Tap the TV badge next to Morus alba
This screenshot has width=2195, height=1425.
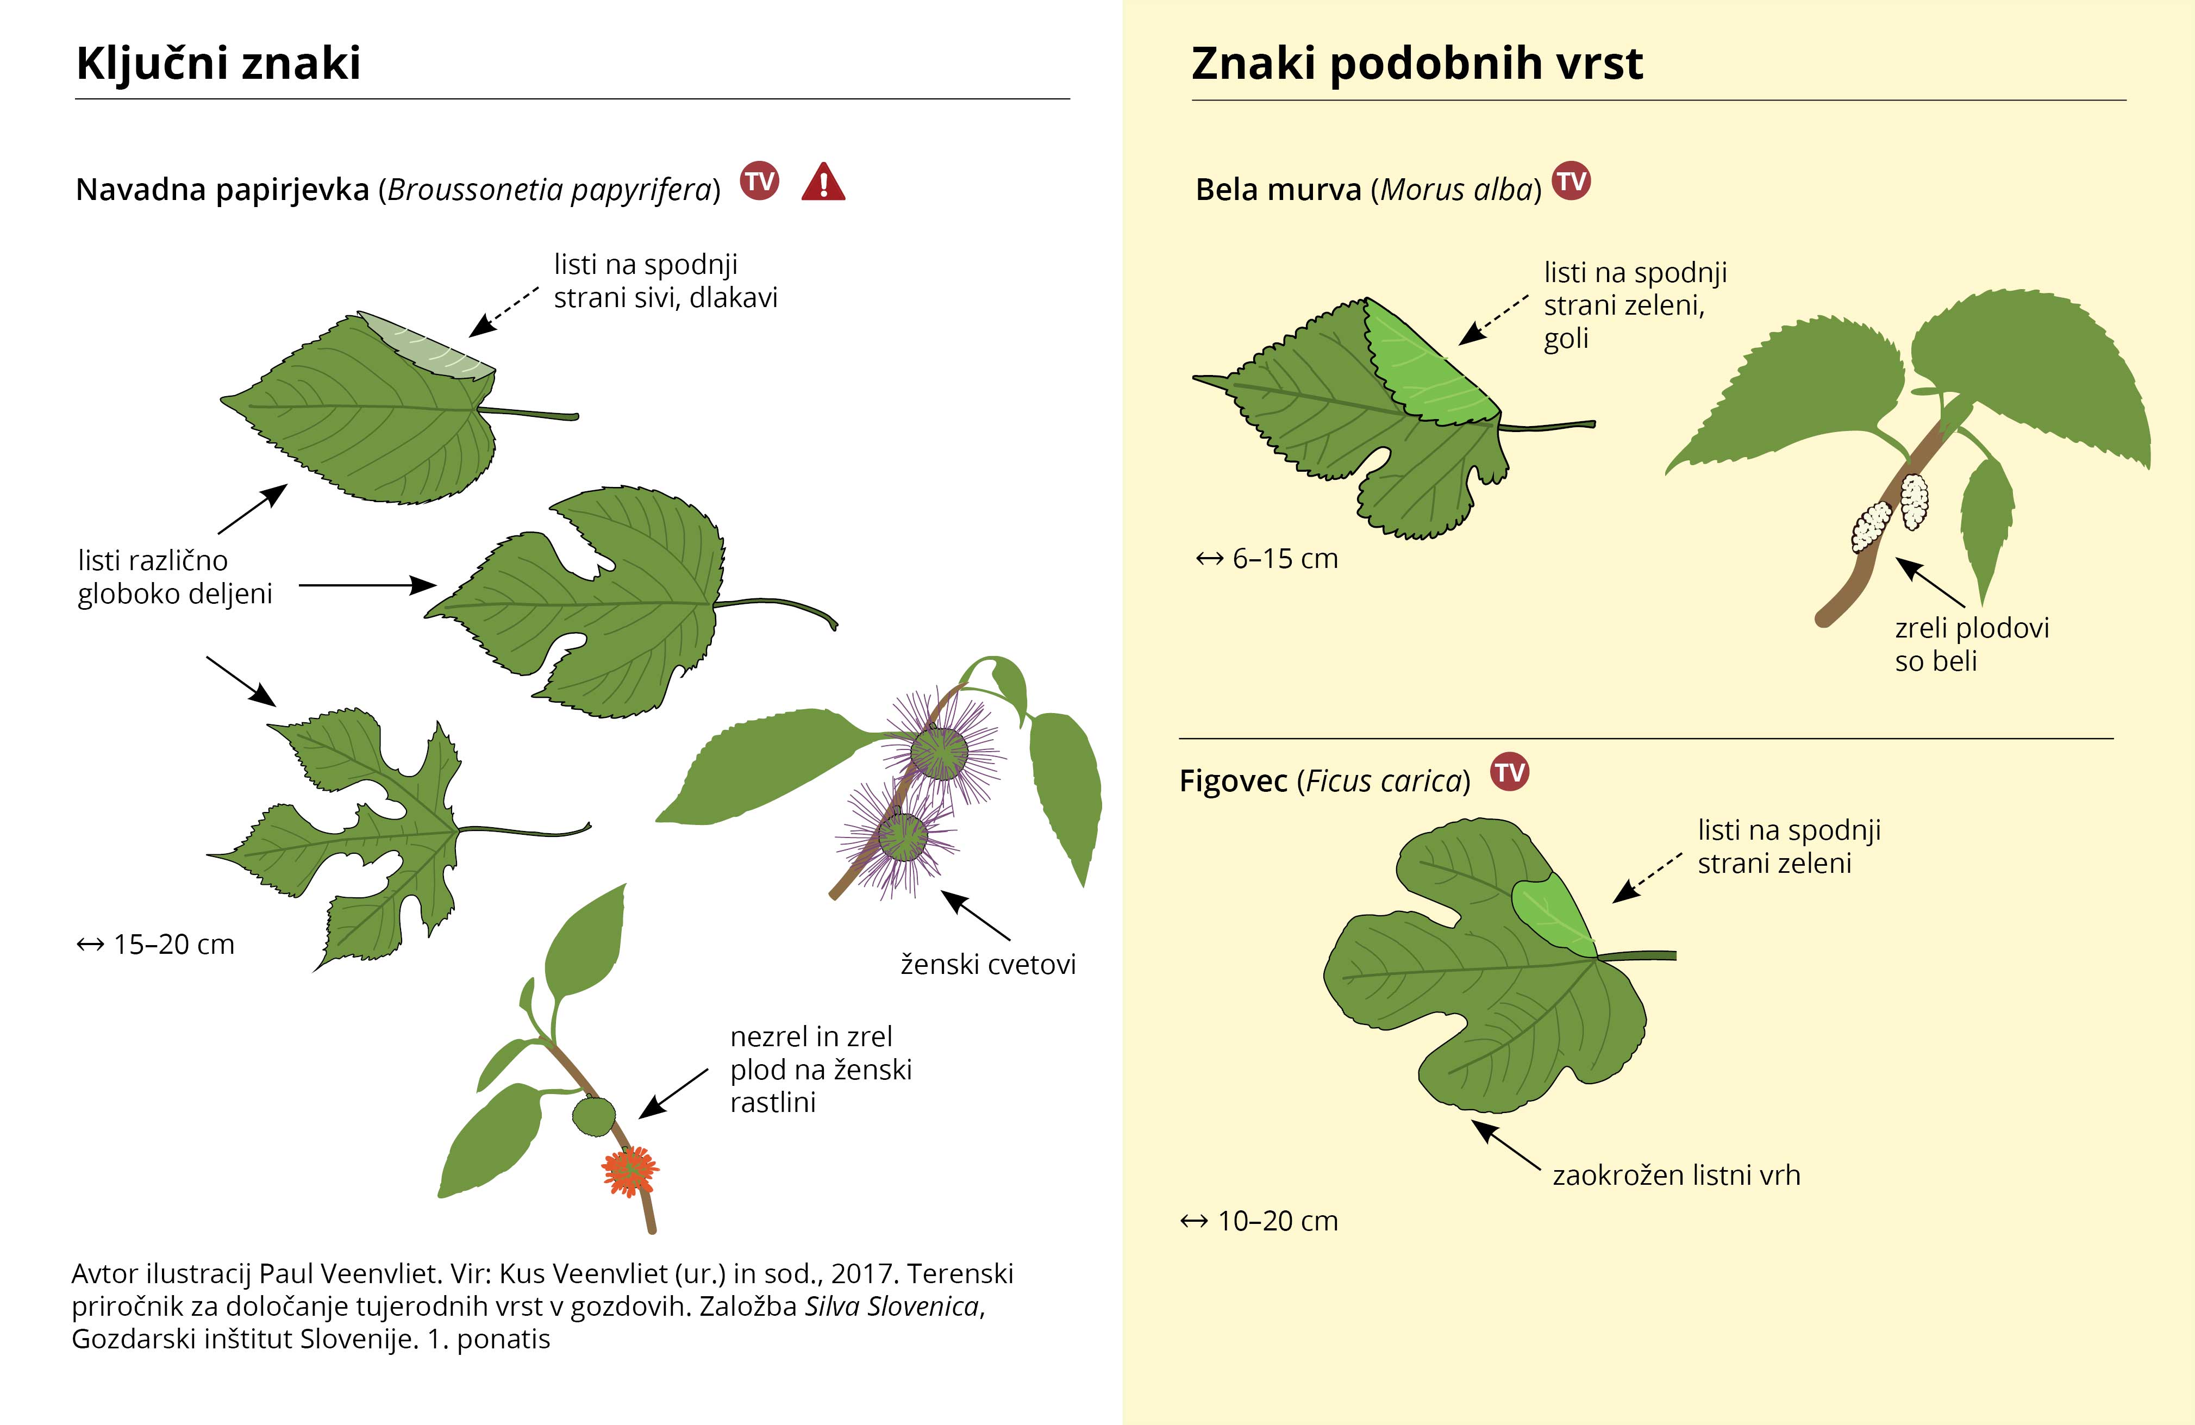pyautogui.click(x=1572, y=181)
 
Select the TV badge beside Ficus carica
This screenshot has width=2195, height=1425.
pyautogui.click(x=1510, y=771)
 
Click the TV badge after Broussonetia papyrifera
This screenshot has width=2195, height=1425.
pyautogui.click(x=760, y=181)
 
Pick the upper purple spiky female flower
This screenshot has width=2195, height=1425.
pyautogui.click(x=940, y=752)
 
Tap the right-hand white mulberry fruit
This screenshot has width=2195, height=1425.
pyautogui.click(x=1915, y=501)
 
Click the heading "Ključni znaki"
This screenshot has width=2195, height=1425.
pyautogui.click(x=218, y=64)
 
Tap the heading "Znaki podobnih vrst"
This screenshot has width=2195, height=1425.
pyautogui.click(x=1417, y=64)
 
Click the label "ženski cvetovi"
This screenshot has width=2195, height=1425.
pyautogui.click(x=989, y=965)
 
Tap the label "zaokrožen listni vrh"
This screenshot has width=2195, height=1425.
pyautogui.click(x=1677, y=1175)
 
